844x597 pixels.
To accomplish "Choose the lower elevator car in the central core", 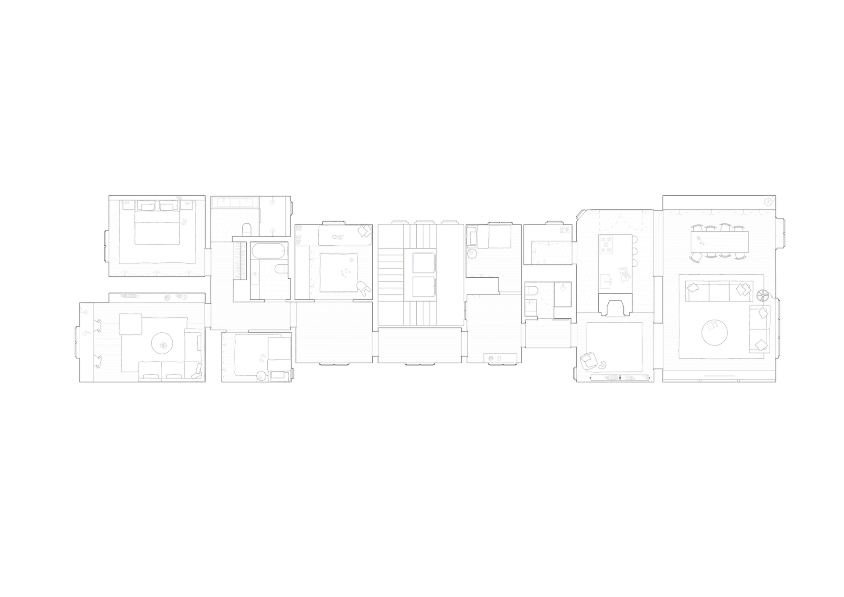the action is click(423, 287).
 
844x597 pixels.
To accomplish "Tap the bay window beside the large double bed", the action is click(105, 244).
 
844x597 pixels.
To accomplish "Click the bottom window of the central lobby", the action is click(420, 365).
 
